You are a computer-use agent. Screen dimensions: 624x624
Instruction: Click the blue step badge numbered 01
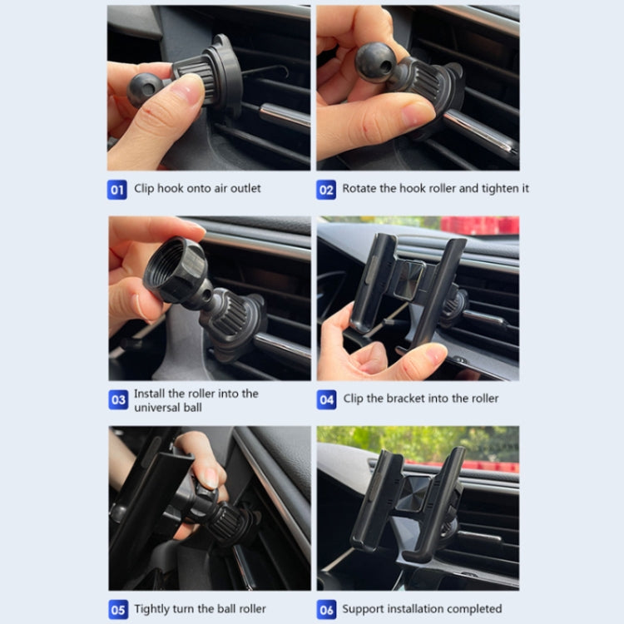coord(117,189)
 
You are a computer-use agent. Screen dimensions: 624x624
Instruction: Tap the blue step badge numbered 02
coord(326,189)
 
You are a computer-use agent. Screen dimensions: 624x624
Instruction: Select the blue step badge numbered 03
coord(118,400)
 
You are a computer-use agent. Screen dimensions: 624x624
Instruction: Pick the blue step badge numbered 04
coord(326,399)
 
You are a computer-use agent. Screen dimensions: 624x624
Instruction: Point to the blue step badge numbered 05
coord(118,609)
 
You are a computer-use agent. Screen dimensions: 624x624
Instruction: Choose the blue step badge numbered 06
coord(326,609)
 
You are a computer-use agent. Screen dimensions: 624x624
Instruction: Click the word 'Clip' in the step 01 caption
coord(146,189)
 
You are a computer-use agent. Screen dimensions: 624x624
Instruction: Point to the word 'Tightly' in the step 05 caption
coord(155,609)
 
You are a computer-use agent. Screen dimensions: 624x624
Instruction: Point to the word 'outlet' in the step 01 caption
coord(241,189)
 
